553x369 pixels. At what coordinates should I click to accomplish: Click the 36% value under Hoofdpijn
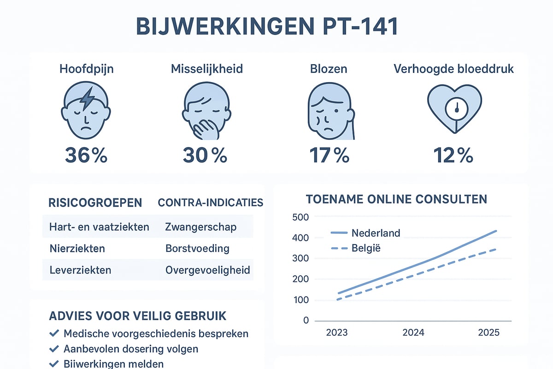(x=86, y=155)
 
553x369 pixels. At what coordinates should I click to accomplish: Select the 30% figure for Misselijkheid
(x=205, y=155)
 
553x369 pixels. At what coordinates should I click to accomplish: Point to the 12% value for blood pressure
(x=453, y=155)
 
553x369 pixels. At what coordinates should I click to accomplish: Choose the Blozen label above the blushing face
(x=328, y=69)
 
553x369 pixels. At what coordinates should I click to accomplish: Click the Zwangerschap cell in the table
(x=201, y=226)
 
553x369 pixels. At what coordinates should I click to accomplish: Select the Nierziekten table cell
(x=77, y=248)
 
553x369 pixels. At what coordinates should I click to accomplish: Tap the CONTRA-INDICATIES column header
(x=211, y=202)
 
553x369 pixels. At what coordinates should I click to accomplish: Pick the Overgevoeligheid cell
(x=208, y=270)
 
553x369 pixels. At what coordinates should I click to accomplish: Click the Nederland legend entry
(x=376, y=232)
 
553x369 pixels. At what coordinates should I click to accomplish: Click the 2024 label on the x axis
(x=413, y=333)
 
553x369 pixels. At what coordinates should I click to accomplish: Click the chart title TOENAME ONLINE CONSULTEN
(x=397, y=199)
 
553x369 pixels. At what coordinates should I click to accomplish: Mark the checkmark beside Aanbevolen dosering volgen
(x=54, y=348)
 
